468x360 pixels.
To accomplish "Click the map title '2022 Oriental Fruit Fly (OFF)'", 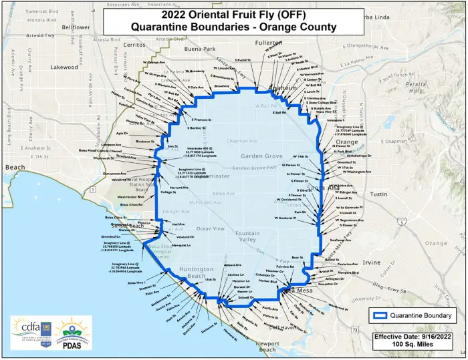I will pos(234,13).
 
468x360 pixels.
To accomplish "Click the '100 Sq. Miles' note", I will pos(417,346).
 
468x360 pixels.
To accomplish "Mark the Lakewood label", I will pos(64,67).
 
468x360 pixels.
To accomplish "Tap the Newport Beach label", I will pos(267,346).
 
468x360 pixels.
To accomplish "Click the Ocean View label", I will pos(211,228).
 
